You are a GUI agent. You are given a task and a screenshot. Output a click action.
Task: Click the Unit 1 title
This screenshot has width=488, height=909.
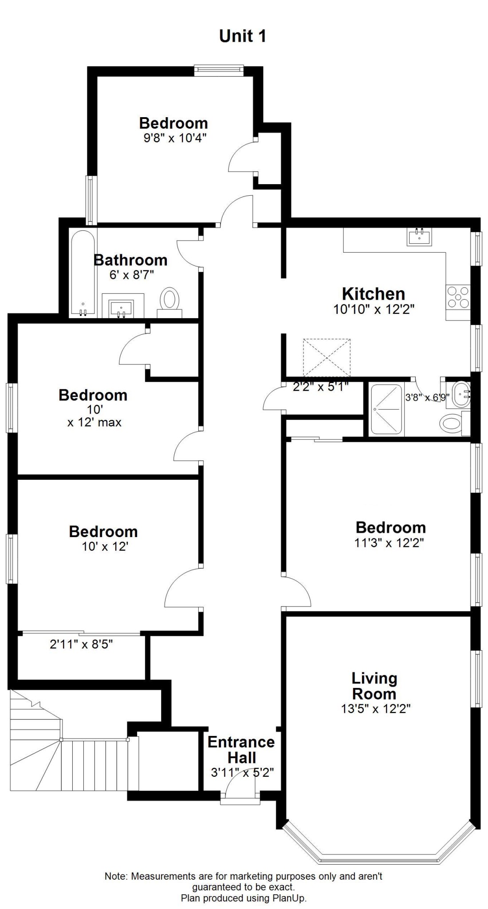pos(243,36)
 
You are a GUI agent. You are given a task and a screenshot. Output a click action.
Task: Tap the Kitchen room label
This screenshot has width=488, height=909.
pos(373,294)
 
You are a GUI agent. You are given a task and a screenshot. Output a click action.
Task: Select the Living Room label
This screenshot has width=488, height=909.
pos(374,686)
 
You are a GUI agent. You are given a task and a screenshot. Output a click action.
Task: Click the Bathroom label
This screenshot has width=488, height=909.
pos(130,260)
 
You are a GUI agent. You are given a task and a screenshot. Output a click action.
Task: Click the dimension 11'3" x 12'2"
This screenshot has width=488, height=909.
pos(390,542)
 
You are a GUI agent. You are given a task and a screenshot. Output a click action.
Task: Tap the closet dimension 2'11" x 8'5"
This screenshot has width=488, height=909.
pos(81,644)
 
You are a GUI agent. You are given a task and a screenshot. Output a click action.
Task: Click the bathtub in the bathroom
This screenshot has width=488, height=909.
pos(83,273)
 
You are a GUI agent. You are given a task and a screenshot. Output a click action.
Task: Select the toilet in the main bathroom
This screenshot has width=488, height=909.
pos(169,301)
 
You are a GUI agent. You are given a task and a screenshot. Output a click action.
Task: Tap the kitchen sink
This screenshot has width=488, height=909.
pos(418,236)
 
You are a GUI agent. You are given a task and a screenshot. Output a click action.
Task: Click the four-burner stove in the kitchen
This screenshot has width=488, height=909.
pos(458,297)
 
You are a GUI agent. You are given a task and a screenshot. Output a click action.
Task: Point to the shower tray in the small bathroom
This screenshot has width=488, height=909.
pos(387,409)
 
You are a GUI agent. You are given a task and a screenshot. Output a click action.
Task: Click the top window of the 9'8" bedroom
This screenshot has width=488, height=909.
pos(219,71)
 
